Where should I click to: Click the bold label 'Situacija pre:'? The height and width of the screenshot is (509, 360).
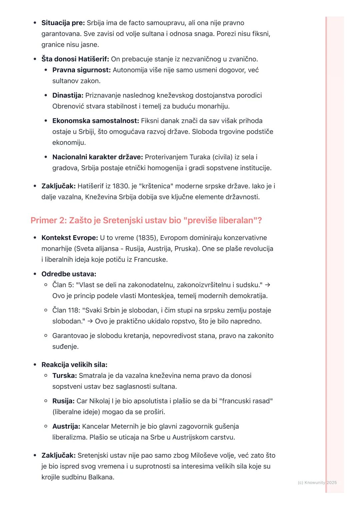[x=63, y=23]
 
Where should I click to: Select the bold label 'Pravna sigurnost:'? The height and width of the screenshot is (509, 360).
[x=81, y=70]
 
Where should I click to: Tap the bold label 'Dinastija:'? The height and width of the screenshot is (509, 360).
[x=68, y=95]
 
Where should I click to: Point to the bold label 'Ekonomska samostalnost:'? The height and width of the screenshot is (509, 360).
[x=95, y=121]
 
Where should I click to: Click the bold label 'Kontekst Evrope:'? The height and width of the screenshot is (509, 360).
[x=69, y=238]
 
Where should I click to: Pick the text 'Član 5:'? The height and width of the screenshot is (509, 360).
[x=63, y=285]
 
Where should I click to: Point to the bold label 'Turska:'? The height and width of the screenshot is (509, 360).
[x=64, y=375]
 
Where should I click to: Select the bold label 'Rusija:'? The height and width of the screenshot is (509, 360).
[x=63, y=401]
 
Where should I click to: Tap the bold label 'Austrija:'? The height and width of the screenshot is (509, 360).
[x=66, y=426]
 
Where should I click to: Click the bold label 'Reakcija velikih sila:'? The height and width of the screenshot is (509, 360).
[x=74, y=364]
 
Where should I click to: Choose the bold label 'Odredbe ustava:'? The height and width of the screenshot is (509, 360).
[x=69, y=274]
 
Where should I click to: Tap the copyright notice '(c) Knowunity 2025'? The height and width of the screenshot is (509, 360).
[x=317, y=482]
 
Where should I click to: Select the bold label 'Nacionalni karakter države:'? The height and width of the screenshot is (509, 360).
[x=97, y=157]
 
